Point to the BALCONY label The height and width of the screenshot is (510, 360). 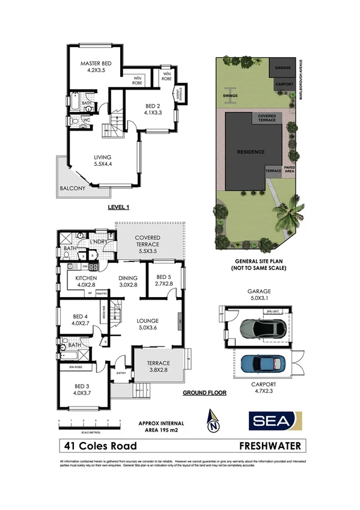click(72, 188)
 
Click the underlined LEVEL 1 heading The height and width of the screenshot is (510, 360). click(118, 207)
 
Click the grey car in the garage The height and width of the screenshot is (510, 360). click(263, 328)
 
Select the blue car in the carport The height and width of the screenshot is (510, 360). click(263, 363)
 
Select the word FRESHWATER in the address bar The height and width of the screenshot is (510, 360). click(269, 446)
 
